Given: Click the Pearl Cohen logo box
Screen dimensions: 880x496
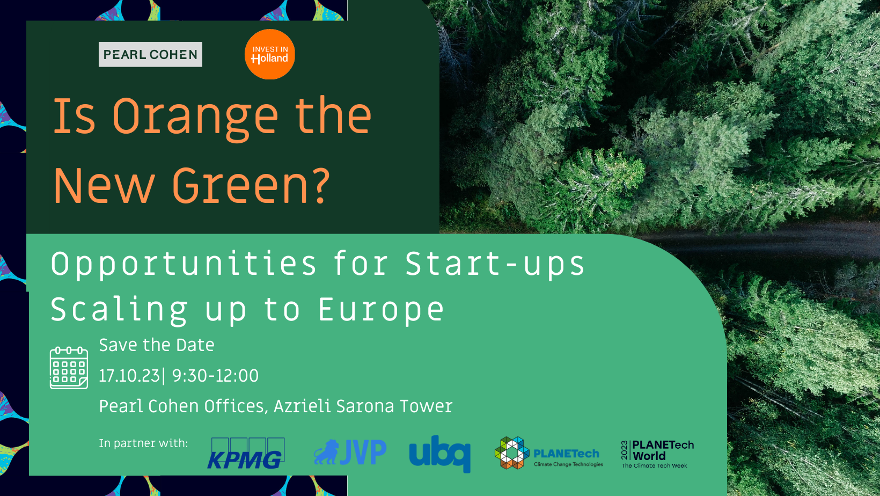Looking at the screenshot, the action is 150,54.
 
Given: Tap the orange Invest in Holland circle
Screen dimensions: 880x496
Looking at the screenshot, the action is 269,54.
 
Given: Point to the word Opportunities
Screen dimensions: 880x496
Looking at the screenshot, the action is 184,265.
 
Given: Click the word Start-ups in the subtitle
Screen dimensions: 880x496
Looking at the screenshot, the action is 495,265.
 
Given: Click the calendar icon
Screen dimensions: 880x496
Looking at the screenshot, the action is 69,368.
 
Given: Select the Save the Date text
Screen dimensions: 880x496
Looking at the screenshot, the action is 157,345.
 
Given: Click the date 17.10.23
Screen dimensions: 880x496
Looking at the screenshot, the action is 129,376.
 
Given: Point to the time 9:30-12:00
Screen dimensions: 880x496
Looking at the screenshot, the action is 215,376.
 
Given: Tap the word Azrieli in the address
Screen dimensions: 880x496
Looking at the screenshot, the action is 302,406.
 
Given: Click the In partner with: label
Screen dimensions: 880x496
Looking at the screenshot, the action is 143,443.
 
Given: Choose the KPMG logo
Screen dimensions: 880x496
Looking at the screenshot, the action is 246,453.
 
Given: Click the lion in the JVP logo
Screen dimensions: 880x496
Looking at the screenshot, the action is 326,452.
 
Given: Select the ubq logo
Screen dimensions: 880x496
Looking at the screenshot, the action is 440,454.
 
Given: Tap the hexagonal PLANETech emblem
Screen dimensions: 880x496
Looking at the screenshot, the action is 512,453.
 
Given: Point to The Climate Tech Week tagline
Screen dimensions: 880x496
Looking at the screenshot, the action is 655,466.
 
